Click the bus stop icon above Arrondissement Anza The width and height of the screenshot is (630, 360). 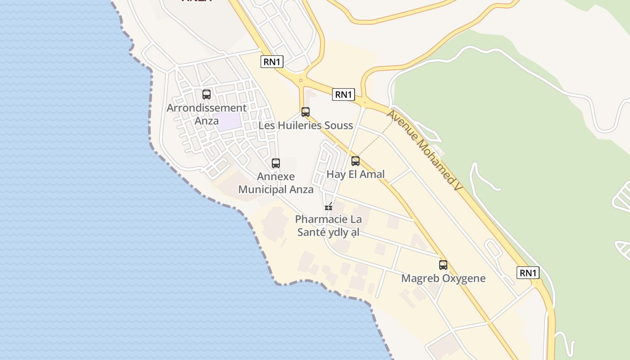point(207,94)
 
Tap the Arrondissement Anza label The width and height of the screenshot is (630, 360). point(207,114)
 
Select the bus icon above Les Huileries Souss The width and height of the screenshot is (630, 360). point(306,112)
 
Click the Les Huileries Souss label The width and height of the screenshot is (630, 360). point(306,126)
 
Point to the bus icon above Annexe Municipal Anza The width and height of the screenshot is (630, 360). point(276,163)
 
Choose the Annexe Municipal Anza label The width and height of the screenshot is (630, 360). point(276,183)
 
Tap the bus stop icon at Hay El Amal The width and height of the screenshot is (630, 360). point(355,161)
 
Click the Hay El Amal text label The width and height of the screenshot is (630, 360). point(355,175)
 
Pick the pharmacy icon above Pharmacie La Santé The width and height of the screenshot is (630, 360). point(328,207)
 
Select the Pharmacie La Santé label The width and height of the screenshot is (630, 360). point(328,226)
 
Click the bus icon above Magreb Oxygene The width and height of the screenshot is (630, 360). point(443,265)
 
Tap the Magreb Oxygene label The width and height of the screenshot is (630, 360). point(443,279)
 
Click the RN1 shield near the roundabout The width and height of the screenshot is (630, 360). point(344,94)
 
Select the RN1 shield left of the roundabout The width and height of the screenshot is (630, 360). point(272,62)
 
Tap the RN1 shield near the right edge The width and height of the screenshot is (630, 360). point(528,273)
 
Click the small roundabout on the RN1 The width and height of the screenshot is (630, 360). point(301,81)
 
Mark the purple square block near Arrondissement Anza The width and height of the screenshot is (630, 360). point(227,122)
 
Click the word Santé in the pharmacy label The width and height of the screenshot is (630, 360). point(311,233)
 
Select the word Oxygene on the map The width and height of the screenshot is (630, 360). point(464,279)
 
